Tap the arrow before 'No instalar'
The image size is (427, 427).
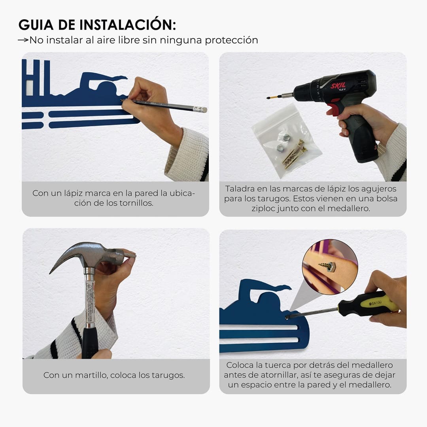coord(23,40)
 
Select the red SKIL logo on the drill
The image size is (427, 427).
coord(338,86)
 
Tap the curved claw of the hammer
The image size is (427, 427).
coord(65,256)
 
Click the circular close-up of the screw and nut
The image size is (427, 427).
coord(330,266)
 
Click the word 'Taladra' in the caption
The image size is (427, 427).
coord(238,189)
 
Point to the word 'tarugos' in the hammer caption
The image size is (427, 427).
coord(168,376)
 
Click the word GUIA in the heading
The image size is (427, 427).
coord(36,25)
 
